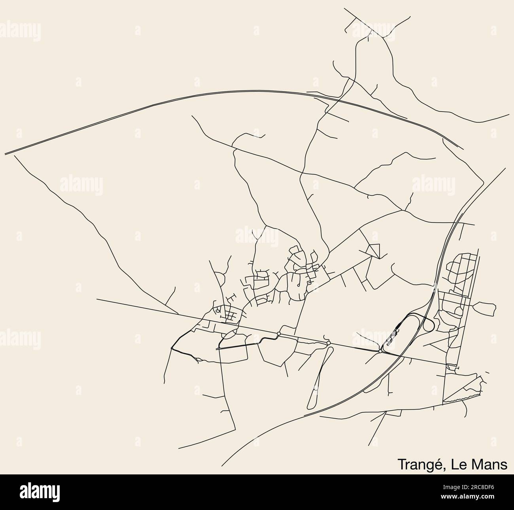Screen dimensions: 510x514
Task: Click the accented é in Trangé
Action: click(x=440, y=465)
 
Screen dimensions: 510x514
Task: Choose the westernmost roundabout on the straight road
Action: click(x=279, y=334)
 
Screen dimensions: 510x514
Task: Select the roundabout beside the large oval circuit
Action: click(x=380, y=351)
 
